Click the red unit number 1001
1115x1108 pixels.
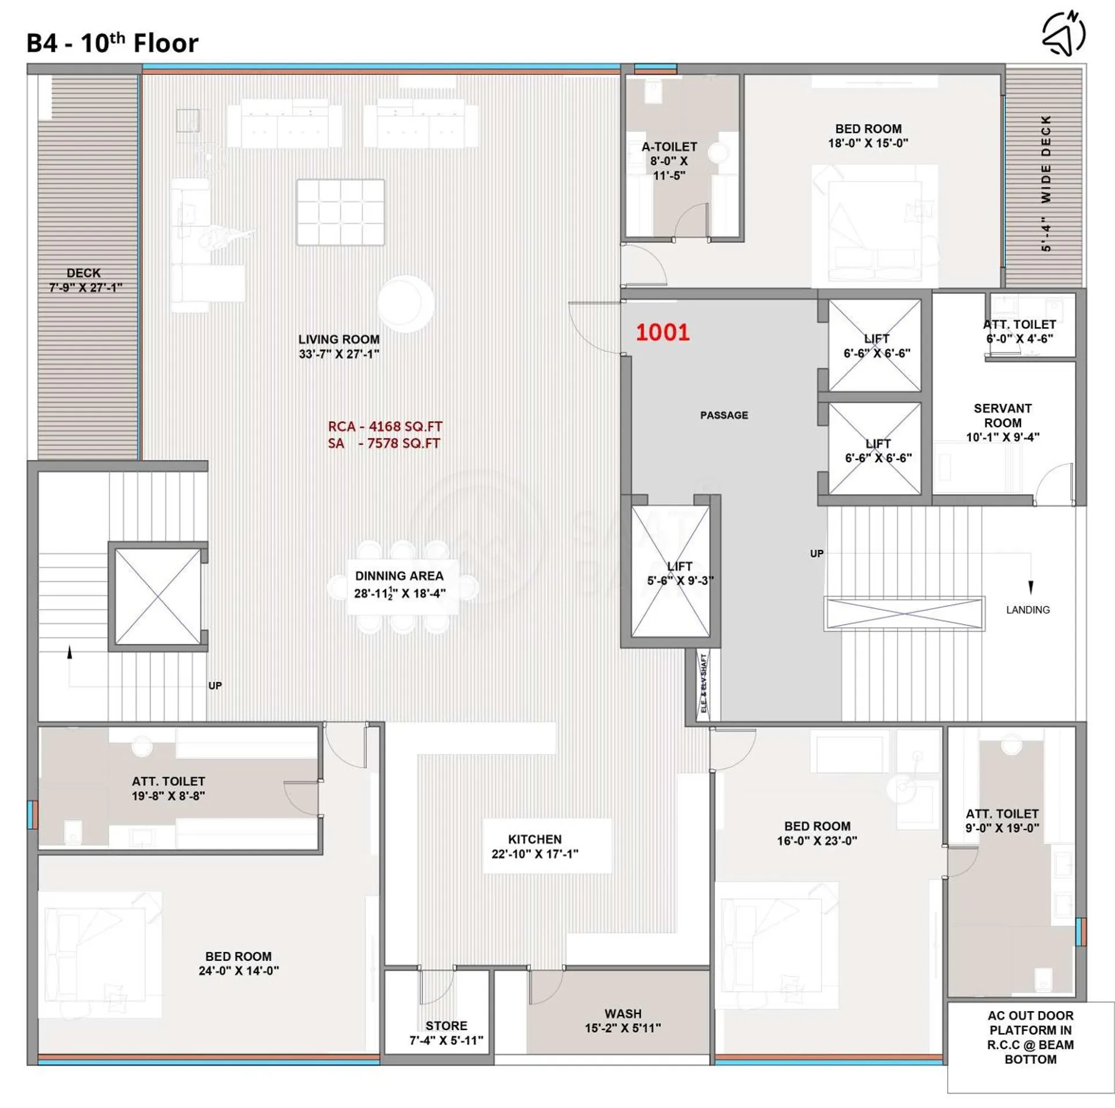click(x=663, y=332)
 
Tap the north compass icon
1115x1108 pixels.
click(x=1063, y=34)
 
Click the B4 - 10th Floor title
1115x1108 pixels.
click(x=113, y=43)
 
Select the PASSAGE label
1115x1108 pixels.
click(x=724, y=415)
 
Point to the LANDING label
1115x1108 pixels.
click(x=1028, y=610)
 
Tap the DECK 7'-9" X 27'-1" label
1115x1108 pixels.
click(x=85, y=280)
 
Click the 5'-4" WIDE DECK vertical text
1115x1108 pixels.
click(x=1046, y=183)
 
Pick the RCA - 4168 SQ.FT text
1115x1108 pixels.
click(x=385, y=426)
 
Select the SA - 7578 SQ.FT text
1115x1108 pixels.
click(x=384, y=443)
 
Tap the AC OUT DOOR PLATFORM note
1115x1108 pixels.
click(x=1031, y=1037)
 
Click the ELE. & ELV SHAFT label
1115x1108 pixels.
click(x=704, y=683)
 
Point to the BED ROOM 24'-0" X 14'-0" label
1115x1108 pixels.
click(x=239, y=963)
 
